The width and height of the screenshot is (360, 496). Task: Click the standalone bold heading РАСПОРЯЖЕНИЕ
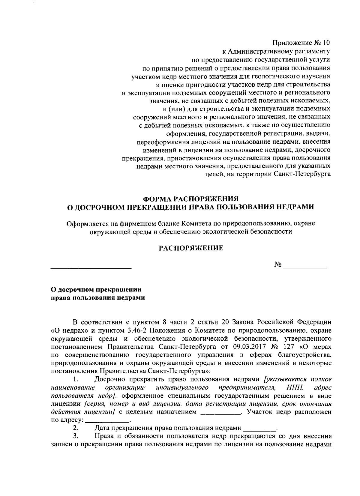tap(191, 248)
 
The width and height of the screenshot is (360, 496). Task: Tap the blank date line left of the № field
tap(91, 267)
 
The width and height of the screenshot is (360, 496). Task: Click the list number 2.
tap(75, 428)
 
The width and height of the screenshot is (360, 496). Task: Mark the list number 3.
tap(75, 436)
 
